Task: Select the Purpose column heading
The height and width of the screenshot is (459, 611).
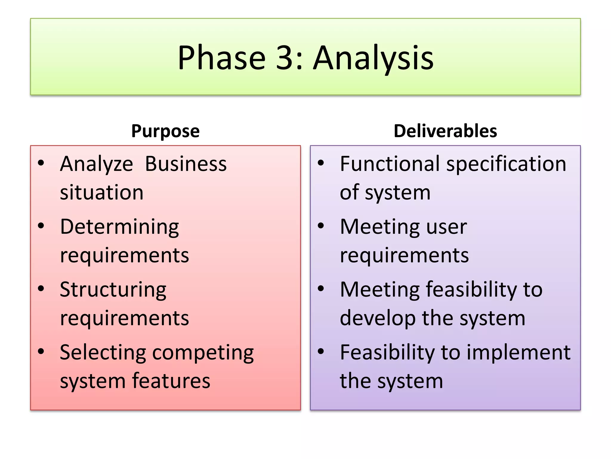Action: point(165,131)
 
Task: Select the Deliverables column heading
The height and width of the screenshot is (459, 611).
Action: point(445,131)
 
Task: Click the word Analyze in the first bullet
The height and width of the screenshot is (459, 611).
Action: point(96,164)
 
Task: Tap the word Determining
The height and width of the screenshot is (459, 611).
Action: point(119,227)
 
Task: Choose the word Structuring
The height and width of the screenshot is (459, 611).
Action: point(113,290)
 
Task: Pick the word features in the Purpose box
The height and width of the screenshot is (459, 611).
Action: point(171,381)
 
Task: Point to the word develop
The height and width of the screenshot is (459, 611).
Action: point(378,319)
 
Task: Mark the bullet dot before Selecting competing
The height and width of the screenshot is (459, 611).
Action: point(41,351)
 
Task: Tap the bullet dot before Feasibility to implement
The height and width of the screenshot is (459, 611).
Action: point(321,351)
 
